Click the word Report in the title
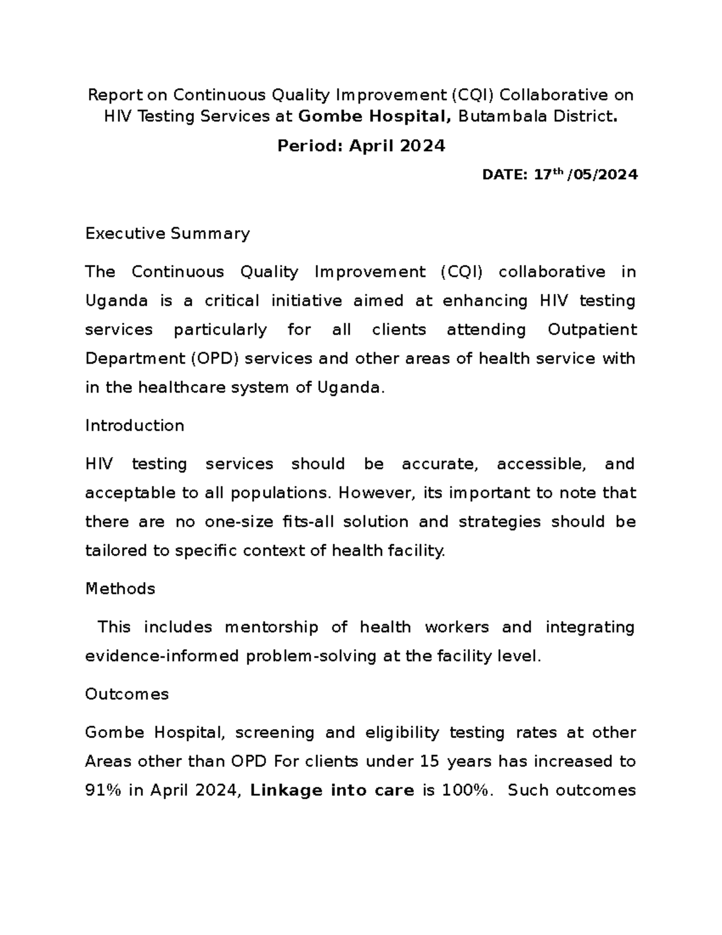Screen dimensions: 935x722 point(115,95)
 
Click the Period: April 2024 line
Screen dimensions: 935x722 point(361,146)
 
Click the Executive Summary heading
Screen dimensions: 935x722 point(167,234)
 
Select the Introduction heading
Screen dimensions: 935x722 point(135,426)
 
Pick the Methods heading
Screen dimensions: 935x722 point(120,588)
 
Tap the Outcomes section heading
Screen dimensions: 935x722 point(127,694)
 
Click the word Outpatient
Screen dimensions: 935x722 point(592,330)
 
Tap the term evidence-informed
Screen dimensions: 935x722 point(162,656)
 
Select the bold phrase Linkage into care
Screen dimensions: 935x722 point(332,791)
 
